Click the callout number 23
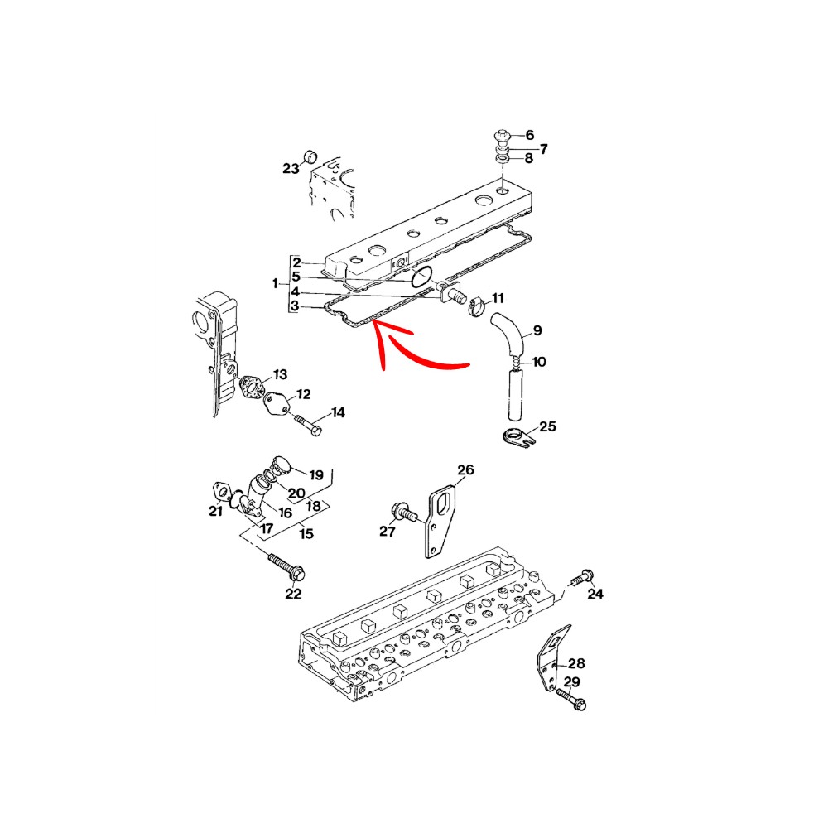coord(291,168)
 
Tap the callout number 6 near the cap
coord(530,135)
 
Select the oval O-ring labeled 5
coord(422,277)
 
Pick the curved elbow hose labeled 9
coord(507,331)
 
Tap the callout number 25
coord(547,426)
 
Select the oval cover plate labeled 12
coord(276,404)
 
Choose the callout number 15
coord(306,533)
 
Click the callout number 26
coord(465,469)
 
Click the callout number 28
coord(576,663)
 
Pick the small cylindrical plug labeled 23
coord(310,156)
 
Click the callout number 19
coord(316,474)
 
